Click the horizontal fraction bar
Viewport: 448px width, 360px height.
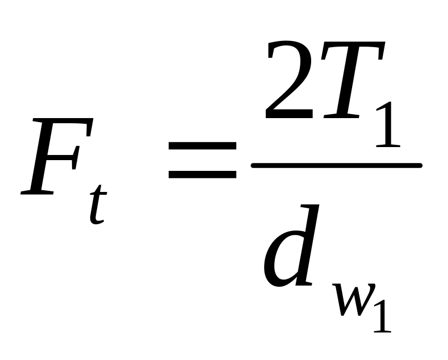click(336, 165)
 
